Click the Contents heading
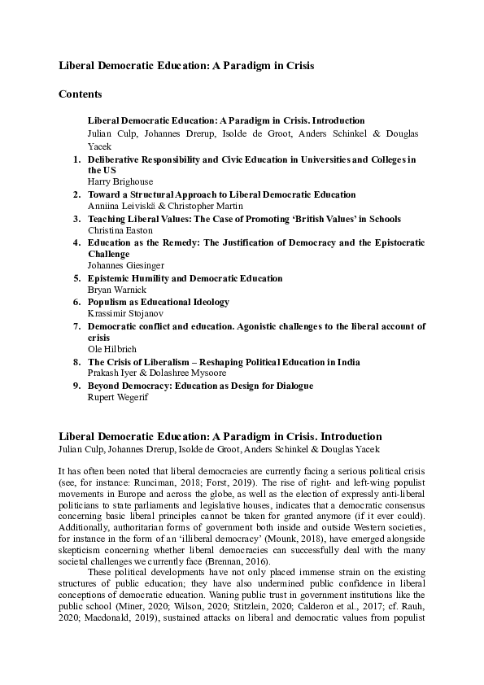(x=81, y=94)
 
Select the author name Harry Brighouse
(x=120, y=182)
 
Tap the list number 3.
(x=77, y=219)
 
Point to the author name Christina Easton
(x=120, y=230)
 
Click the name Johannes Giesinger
(x=126, y=266)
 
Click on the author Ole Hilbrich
(x=112, y=349)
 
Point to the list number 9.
(x=77, y=386)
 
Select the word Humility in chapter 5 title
(x=151, y=278)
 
